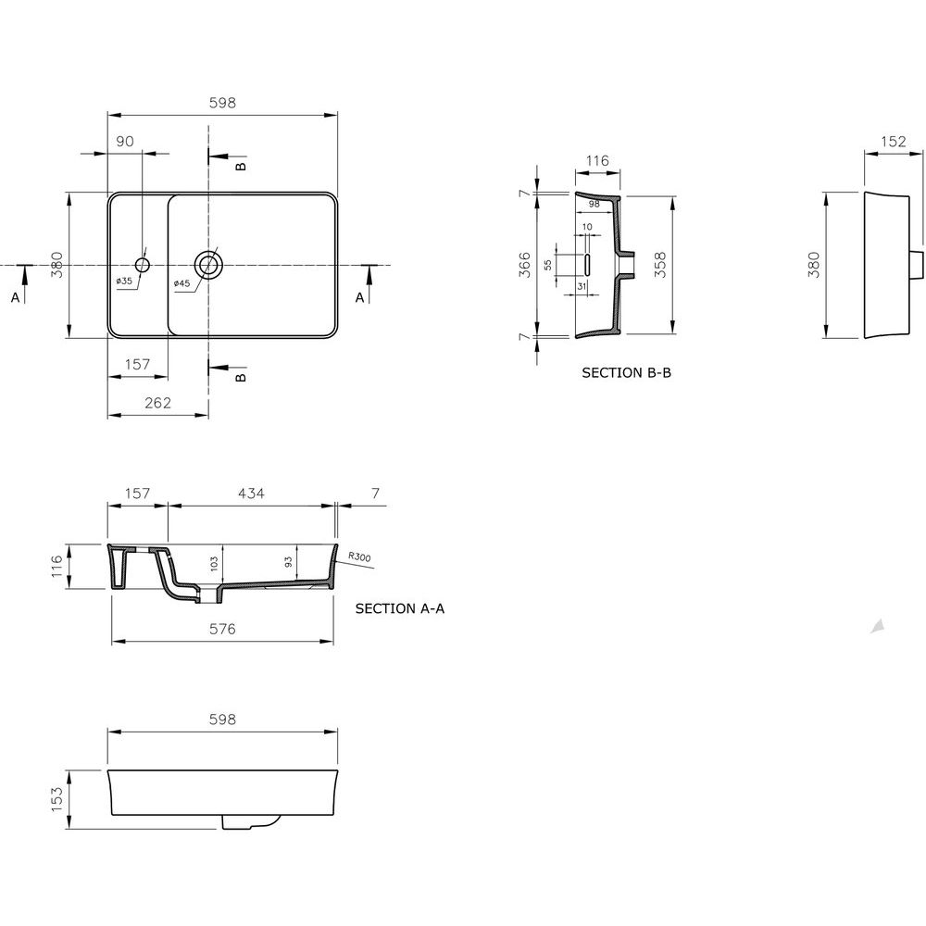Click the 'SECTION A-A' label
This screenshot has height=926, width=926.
tap(400, 608)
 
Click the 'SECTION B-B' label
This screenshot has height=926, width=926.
tap(627, 372)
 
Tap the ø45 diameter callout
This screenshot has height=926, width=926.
tap(181, 283)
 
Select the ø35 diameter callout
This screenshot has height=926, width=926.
tap(124, 281)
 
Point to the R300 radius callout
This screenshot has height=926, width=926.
tap(359, 557)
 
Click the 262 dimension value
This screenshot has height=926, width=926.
tap(157, 403)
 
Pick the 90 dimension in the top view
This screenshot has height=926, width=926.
tap(125, 141)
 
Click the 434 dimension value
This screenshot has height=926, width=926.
tap(251, 494)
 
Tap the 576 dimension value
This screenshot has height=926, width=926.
tap(222, 629)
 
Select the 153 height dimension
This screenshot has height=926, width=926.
tap(56, 799)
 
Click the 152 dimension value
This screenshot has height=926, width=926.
tap(893, 141)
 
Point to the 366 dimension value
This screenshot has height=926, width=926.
tap(524, 265)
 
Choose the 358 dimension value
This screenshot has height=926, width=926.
tap(659, 265)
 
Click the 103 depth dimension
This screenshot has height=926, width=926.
tap(215, 563)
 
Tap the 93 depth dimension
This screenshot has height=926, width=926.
tap(288, 562)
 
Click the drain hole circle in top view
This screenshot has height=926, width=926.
tap(207, 265)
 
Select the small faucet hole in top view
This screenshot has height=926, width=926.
tap(143, 265)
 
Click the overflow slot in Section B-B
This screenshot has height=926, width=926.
tap(587, 264)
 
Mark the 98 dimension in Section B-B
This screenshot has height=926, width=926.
tap(594, 204)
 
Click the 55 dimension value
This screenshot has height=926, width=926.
tap(548, 265)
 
